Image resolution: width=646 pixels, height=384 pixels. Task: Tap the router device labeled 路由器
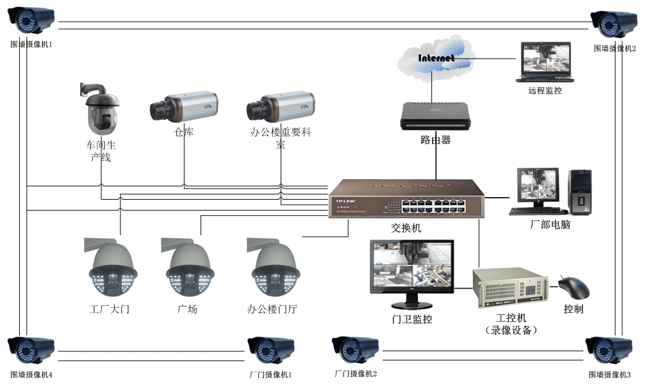pyautogui.click(x=435, y=115)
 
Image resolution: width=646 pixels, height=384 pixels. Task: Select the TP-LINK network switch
pyautogui.click(x=406, y=198)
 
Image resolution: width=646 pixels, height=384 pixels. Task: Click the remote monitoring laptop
pyautogui.click(x=546, y=63)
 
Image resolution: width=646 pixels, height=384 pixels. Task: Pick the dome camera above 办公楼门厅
pyautogui.click(x=274, y=267)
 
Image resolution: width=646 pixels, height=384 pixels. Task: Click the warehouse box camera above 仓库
pyautogui.click(x=184, y=106)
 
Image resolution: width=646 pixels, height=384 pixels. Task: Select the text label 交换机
pyautogui.click(x=406, y=227)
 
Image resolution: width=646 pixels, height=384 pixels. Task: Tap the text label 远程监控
pyautogui.click(x=545, y=91)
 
